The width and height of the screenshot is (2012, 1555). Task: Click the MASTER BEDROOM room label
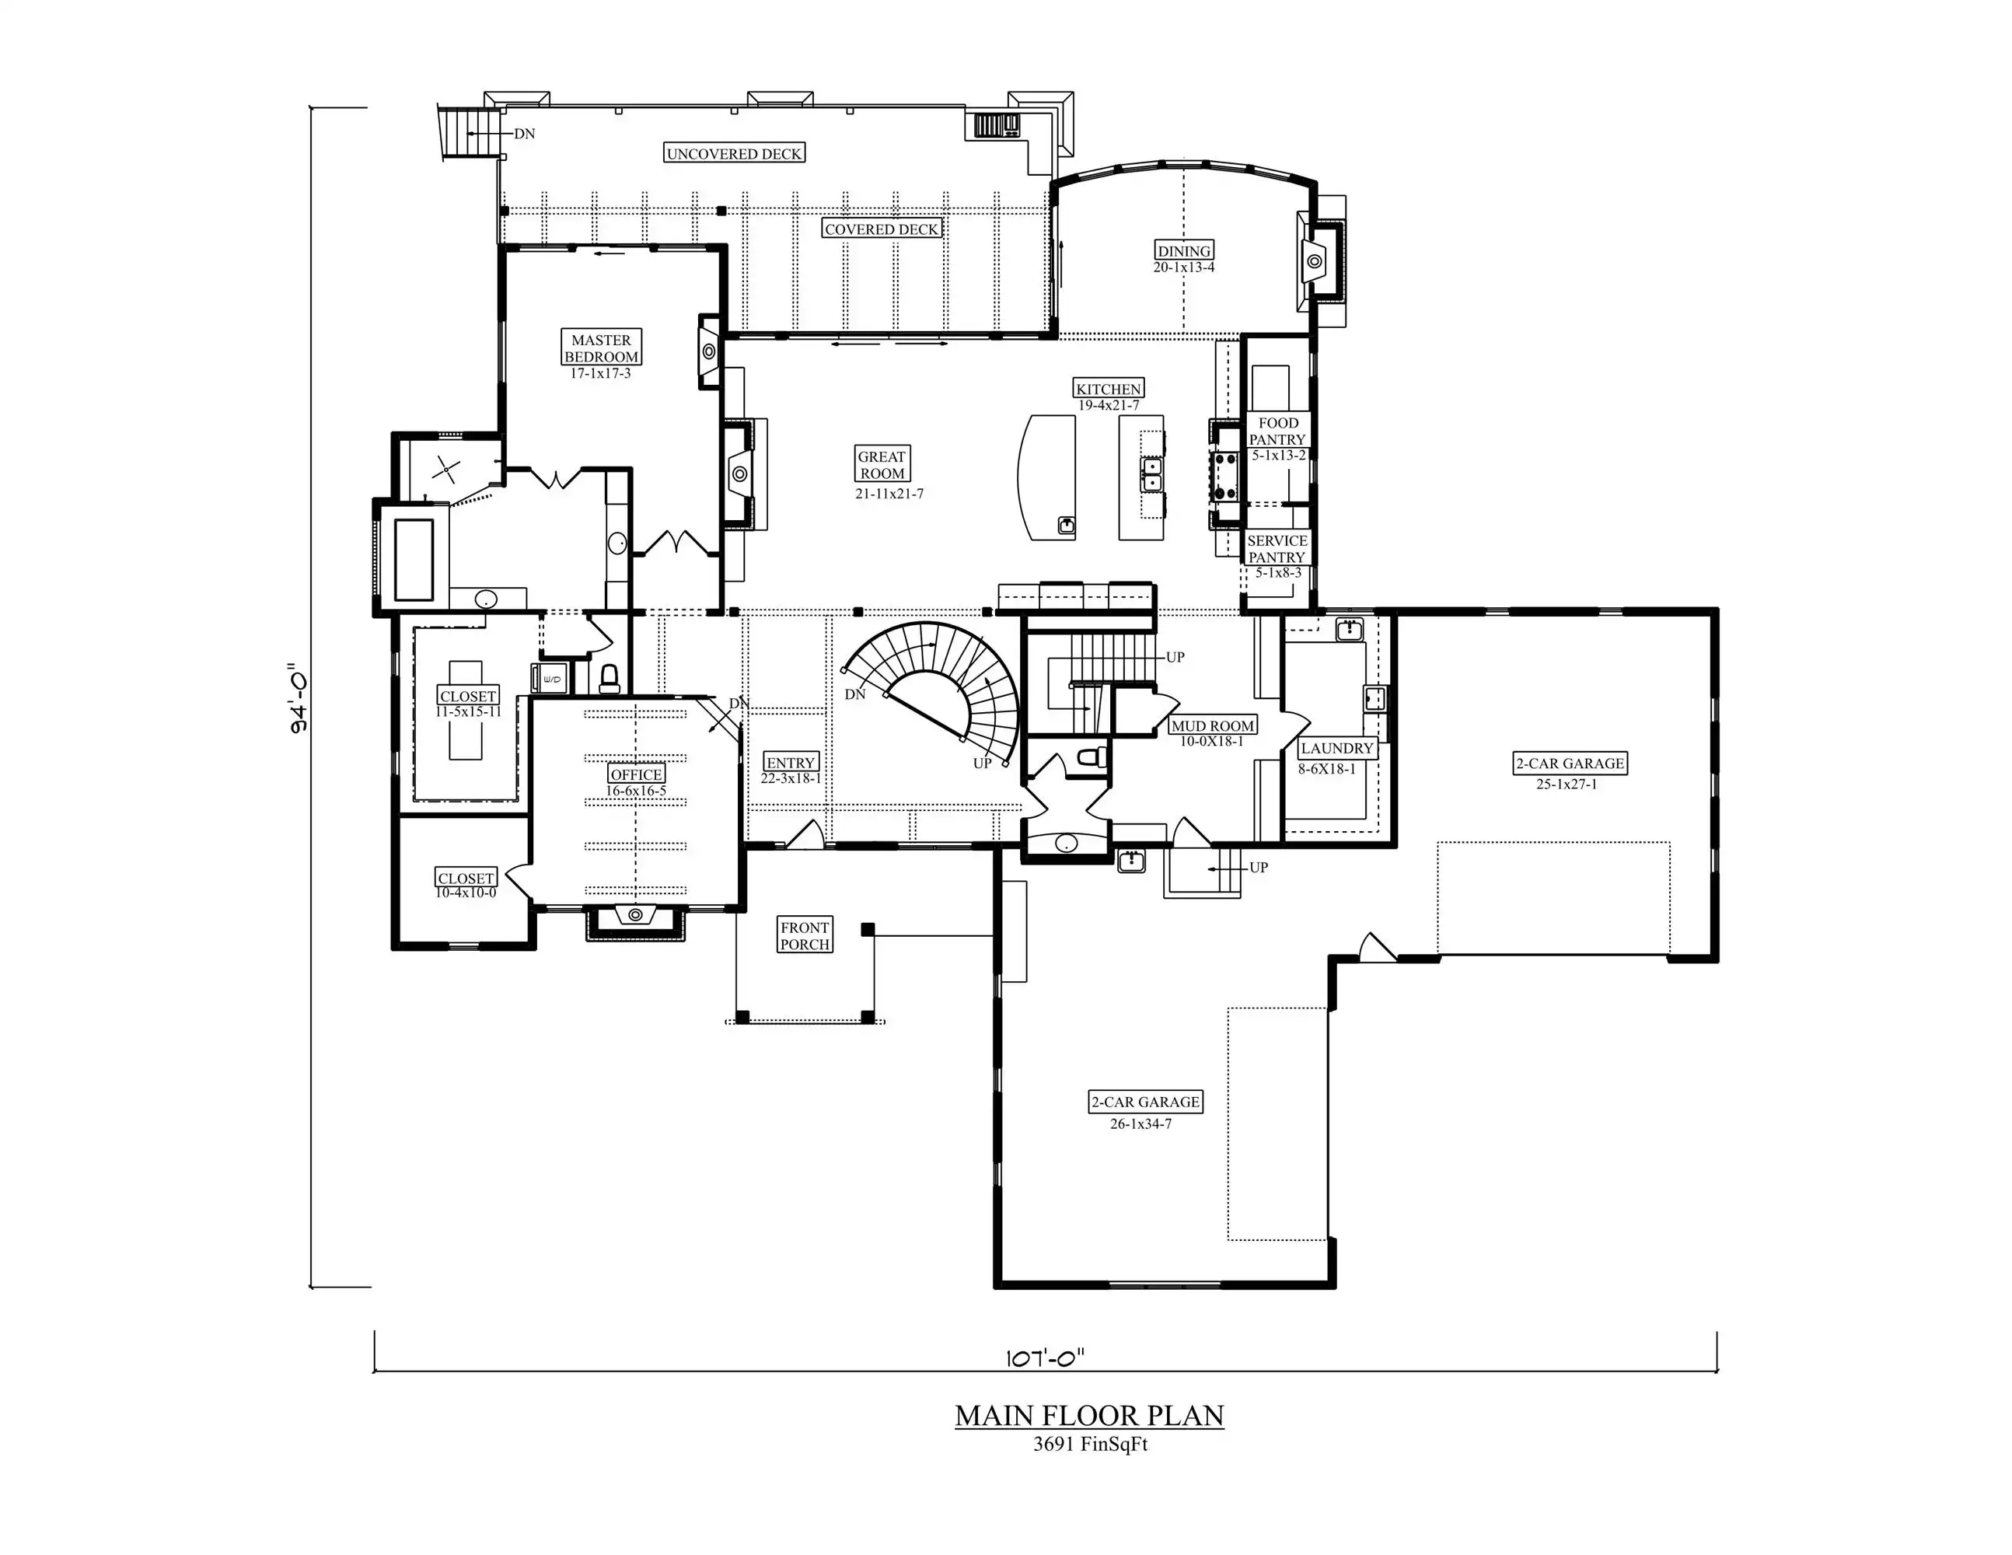(602, 348)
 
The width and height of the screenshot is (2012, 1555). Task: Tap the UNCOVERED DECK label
(734, 154)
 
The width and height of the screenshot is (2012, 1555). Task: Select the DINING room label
(1184, 250)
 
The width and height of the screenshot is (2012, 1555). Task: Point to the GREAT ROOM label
(882, 465)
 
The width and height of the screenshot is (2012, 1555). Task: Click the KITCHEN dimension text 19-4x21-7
(1109, 405)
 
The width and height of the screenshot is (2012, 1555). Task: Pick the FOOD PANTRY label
(1278, 432)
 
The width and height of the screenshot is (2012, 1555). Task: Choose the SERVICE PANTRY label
(1277, 549)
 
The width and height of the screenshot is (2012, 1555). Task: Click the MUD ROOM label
(1212, 726)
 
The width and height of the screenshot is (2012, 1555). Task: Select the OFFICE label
(637, 774)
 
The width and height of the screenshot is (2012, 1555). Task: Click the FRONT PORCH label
(805, 936)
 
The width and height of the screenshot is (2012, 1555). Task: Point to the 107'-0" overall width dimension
(1045, 1357)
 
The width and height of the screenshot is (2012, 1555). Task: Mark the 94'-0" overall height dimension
(299, 697)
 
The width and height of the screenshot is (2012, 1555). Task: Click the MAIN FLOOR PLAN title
(1090, 1416)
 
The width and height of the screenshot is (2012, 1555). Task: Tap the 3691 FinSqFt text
(1090, 1445)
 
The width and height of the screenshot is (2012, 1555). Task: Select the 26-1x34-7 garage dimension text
(1141, 1123)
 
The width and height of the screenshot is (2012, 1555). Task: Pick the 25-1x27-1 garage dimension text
(1567, 784)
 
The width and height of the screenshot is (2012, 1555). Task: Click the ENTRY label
(791, 763)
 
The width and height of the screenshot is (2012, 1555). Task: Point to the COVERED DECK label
(882, 229)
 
